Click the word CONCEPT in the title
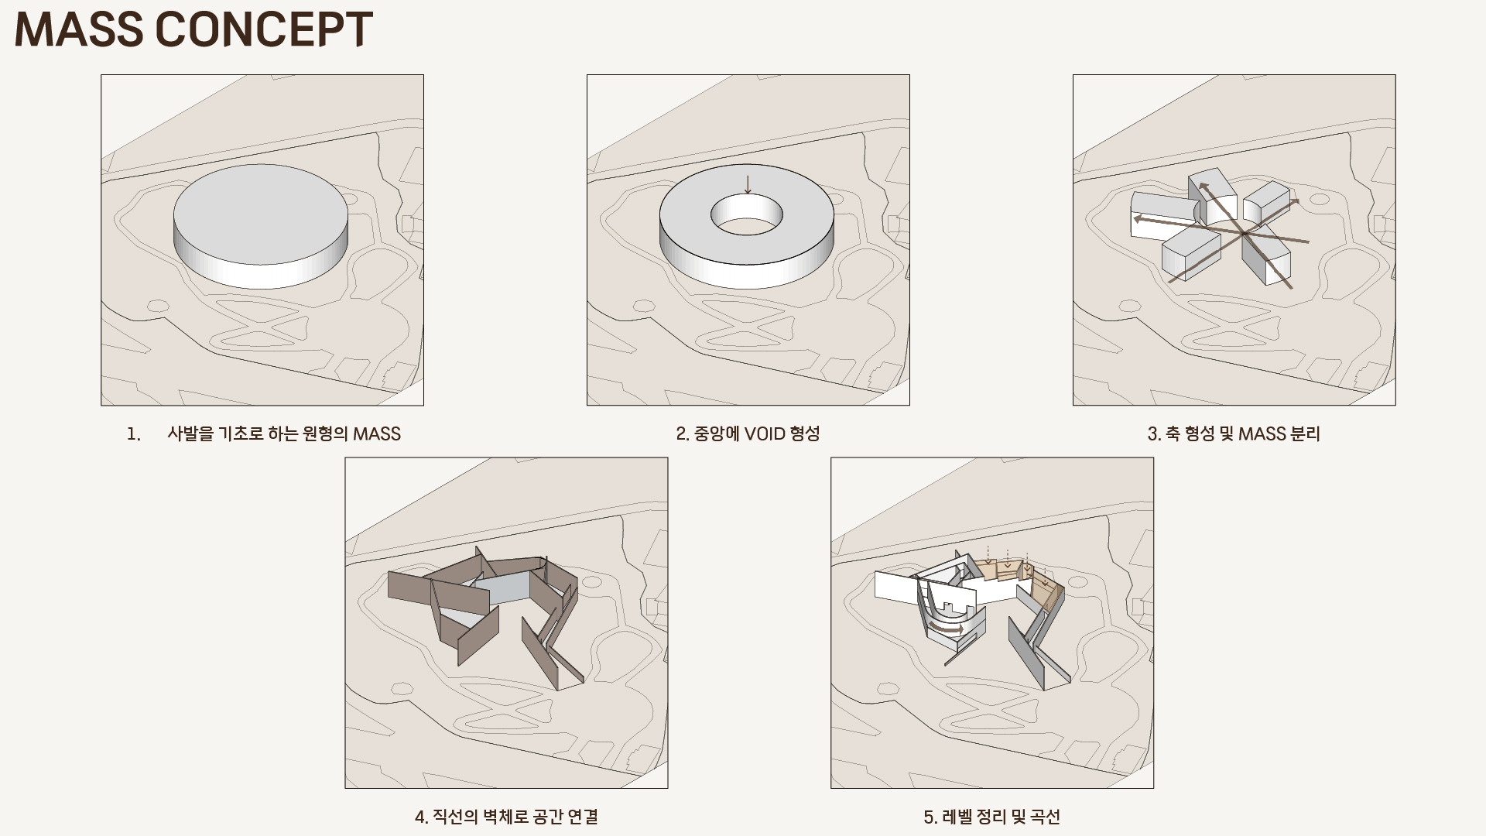(x=264, y=29)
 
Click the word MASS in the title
(x=79, y=29)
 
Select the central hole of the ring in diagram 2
(x=747, y=214)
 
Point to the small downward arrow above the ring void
(x=748, y=184)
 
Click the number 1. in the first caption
(x=134, y=433)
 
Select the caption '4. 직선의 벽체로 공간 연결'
(x=506, y=817)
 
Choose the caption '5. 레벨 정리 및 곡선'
(x=991, y=817)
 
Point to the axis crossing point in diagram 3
(x=1243, y=232)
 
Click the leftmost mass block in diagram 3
(x=1162, y=214)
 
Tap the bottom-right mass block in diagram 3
(x=1266, y=259)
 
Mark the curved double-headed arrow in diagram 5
(x=947, y=627)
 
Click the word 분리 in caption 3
(x=1305, y=433)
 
